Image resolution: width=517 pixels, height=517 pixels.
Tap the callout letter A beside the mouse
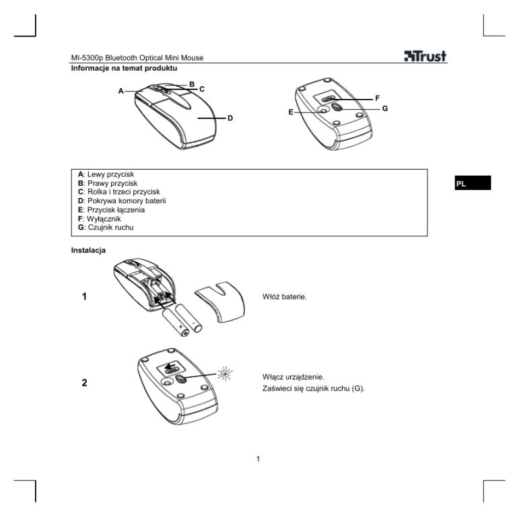(121, 91)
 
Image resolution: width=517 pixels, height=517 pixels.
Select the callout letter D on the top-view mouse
(230, 118)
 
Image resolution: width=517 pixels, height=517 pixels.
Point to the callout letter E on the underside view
(291, 112)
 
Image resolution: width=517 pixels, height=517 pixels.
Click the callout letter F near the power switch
(377, 98)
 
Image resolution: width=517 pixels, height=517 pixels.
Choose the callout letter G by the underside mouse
(384, 108)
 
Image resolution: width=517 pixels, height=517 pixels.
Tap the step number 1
(84, 296)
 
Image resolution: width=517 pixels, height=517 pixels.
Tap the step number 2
(84, 383)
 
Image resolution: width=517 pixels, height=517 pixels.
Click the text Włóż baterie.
(285, 296)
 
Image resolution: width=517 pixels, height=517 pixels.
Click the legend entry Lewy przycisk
(108, 174)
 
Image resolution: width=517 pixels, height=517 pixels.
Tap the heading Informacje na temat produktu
(125, 68)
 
